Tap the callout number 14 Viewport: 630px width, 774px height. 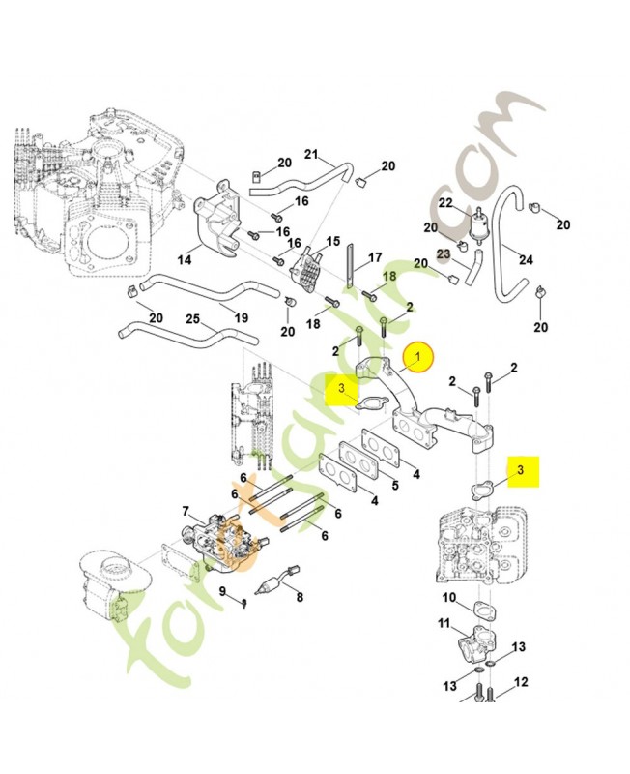pos(184,260)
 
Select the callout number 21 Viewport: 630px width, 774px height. pos(311,155)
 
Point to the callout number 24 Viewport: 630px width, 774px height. pos(526,260)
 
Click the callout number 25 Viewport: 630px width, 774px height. pos(192,319)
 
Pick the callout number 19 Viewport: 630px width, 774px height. pos(241,316)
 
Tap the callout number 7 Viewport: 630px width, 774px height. pos(185,510)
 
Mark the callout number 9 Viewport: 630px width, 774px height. pos(221,591)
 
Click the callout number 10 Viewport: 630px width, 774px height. pos(448,596)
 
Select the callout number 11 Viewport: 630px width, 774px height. pos(444,622)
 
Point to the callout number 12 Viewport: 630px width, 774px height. pos(521,682)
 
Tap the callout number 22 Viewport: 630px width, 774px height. pos(445,202)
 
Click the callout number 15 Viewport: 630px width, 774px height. pos(333,241)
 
